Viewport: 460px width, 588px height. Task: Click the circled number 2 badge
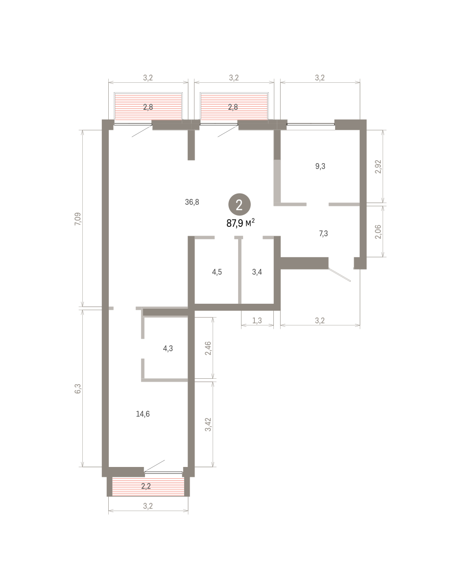tap(240, 204)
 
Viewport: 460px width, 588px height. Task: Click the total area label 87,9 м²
tap(241, 223)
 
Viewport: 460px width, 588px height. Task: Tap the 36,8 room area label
tap(192, 202)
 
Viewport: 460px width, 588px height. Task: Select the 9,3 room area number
tap(320, 166)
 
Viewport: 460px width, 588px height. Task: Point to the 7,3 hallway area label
tap(323, 234)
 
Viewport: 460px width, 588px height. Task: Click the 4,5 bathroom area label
tap(217, 272)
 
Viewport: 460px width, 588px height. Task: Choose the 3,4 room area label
tap(257, 272)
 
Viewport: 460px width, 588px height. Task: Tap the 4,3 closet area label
tap(168, 348)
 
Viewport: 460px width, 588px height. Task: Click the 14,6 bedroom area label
tap(143, 414)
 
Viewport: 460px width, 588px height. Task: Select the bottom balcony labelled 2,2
tap(148, 486)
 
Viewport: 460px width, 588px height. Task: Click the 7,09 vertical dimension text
tap(77, 219)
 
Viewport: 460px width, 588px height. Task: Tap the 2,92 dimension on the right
tap(378, 167)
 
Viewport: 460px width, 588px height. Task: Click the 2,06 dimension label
tap(378, 232)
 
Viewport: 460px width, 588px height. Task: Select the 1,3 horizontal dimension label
tap(257, 320)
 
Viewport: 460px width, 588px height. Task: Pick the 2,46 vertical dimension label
tap(208, 348)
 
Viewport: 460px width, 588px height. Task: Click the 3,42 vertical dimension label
tap(208, 424)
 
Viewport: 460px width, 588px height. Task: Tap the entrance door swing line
tap(339, 275)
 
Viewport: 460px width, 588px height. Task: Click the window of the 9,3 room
tap(311, 124)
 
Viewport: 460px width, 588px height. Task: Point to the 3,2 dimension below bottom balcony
tap(148, 506)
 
